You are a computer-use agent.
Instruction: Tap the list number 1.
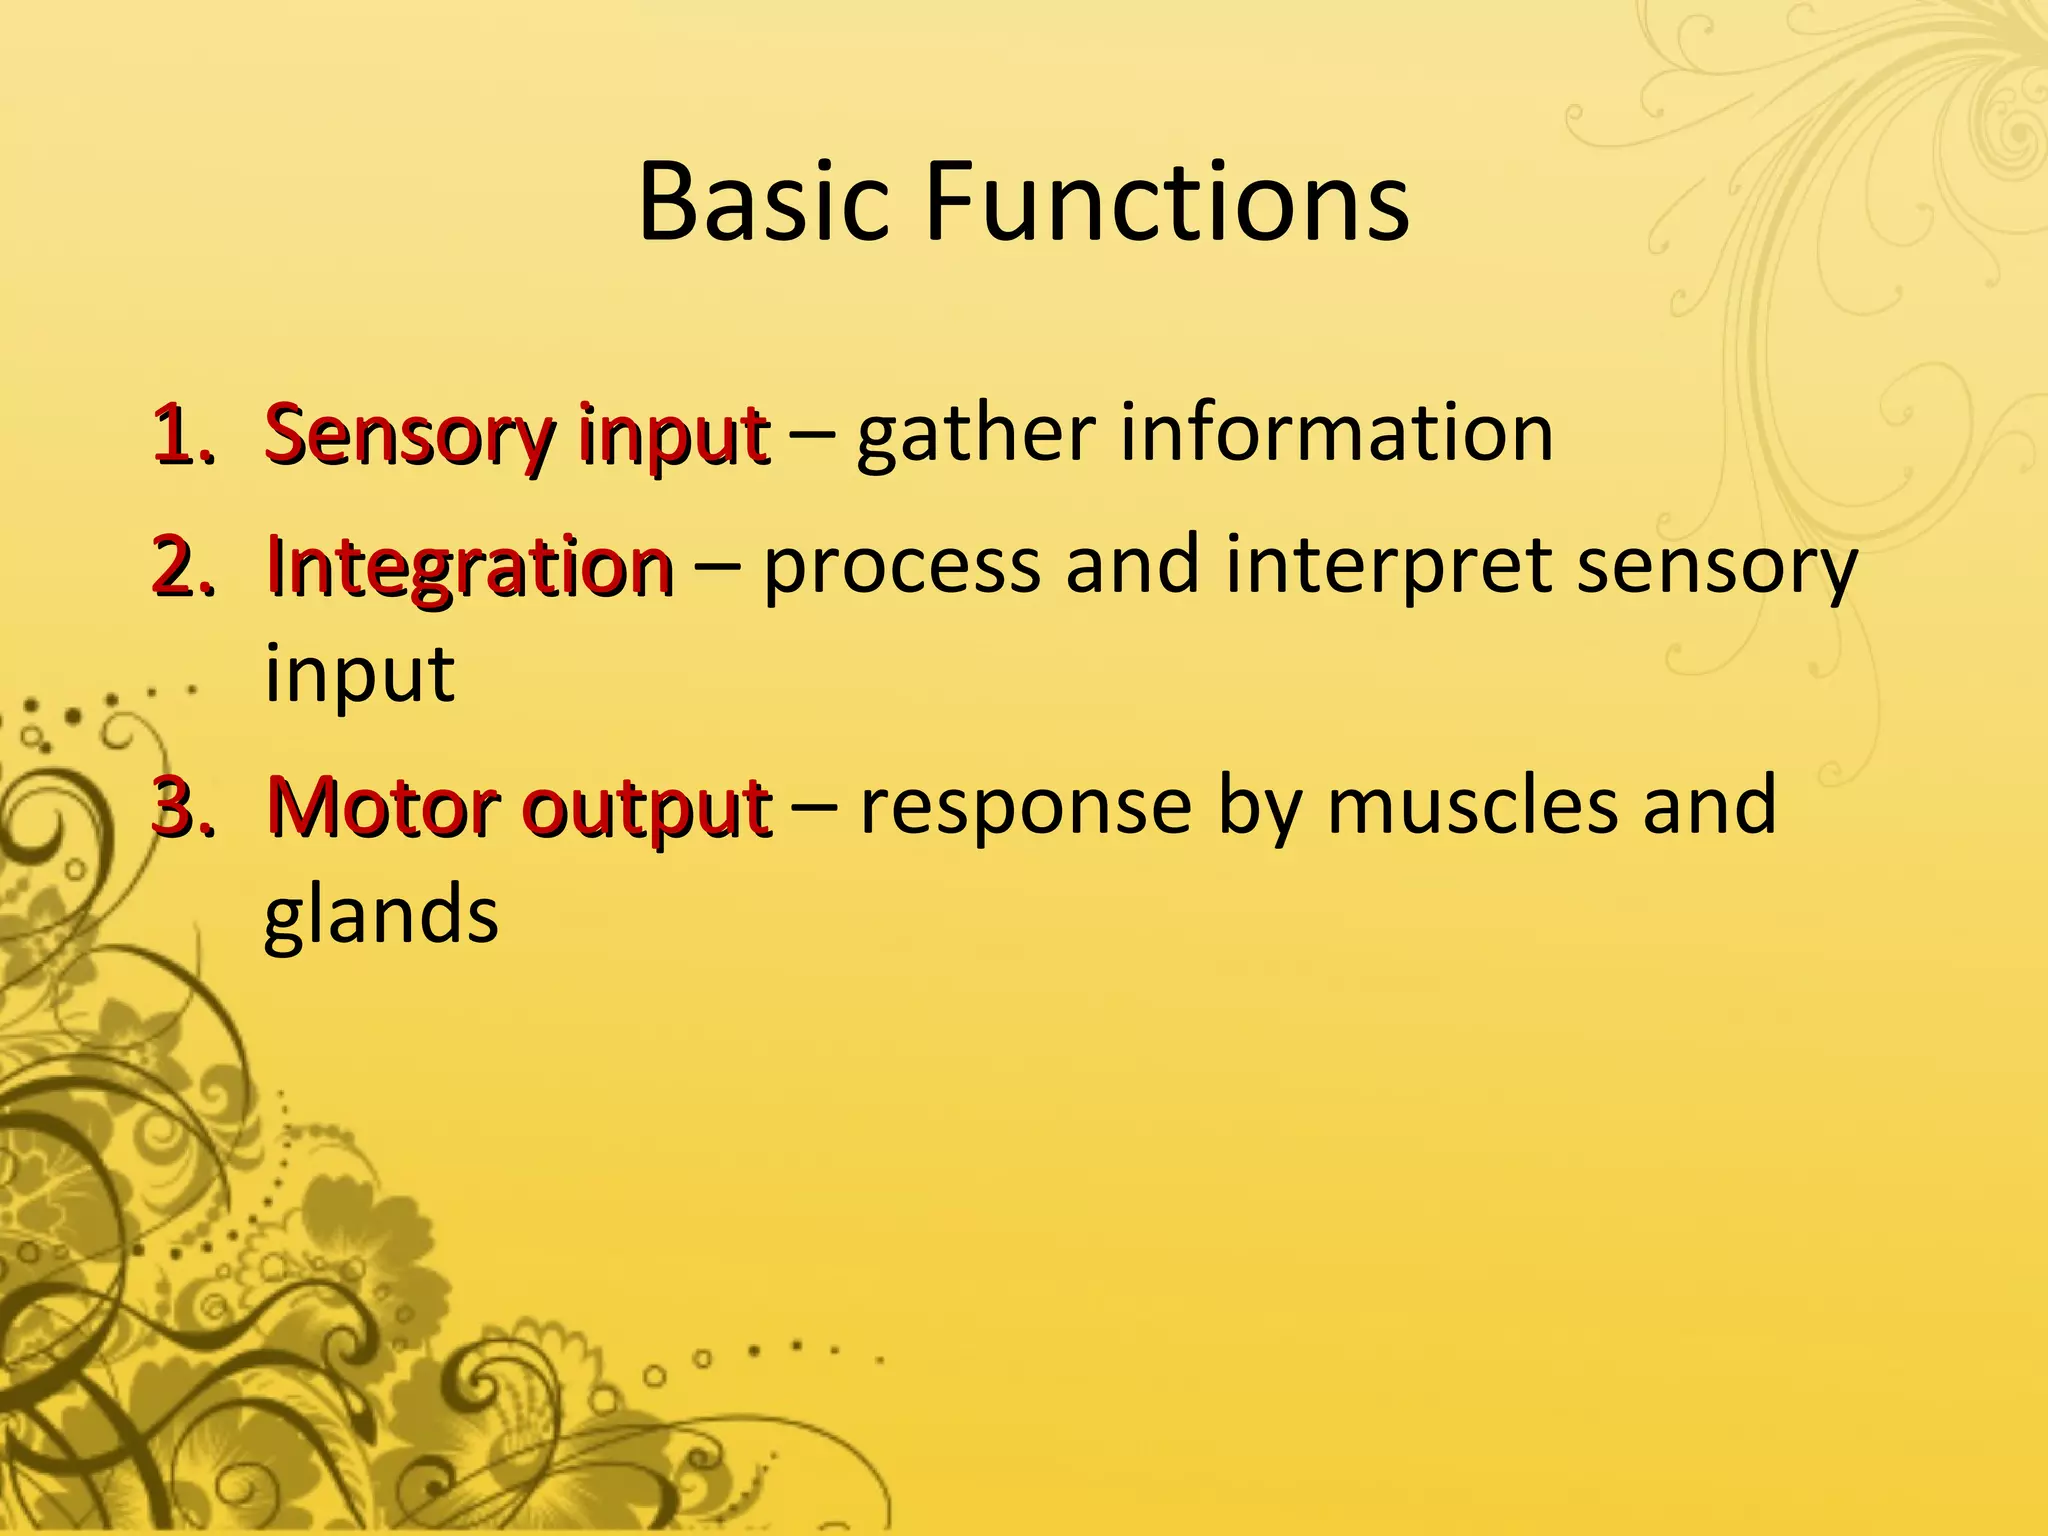point(182,436)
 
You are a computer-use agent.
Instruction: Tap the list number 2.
point(182,567)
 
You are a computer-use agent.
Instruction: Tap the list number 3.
point(182,807)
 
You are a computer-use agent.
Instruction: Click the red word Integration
point(469,567)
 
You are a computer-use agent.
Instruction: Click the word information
point(1336,434)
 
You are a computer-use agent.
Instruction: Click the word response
point(1025,808)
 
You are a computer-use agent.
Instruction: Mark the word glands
point(381,915)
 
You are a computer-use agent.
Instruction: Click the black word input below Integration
point(359,675)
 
